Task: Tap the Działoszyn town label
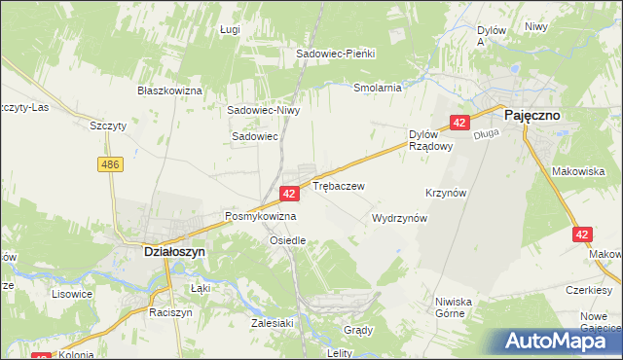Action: (x=165, y=250)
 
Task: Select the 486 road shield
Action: (x=109, y=166)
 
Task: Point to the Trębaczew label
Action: (x=339, y=185)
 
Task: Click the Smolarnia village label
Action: (x=378, y=88)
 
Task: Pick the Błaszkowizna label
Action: (x=169, y=90)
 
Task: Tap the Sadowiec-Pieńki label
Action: (x=336, y=54)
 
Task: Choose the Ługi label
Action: (x=230, y=30)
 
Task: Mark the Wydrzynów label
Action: (x=400, y=219)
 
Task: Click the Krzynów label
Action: (x=447, y=194)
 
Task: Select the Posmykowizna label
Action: (x=260, y=216)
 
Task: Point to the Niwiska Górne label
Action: (x=455, y=307)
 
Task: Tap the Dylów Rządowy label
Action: (x=430, y=140)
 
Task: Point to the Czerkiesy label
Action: (x=593, y=290)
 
